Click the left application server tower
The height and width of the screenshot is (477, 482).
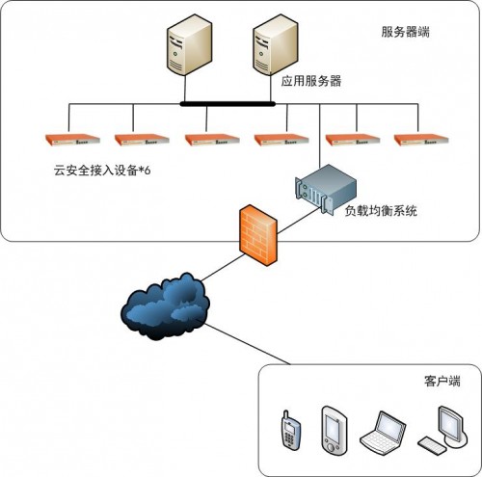click(189, 44)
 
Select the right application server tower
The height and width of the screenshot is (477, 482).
click(276, 44)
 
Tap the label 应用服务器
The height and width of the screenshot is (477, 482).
click(311, 81)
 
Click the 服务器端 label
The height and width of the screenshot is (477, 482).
click(405, 32)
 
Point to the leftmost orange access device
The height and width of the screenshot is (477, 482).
click(72, 140)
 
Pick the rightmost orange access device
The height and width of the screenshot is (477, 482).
click(421, 140)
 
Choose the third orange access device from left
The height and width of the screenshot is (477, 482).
click(212, 140)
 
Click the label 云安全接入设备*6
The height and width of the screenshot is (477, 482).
click(102, 171)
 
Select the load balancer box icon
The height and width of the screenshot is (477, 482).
click(326, 189)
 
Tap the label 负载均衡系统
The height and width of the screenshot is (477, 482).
click(381, 211)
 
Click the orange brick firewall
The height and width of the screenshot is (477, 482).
click(258, 235)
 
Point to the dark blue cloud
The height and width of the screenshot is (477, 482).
click(165, 306)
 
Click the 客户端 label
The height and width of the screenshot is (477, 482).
click(442, 381)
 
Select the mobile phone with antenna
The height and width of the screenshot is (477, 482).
click(291, 430)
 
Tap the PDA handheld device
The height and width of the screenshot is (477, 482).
click(335, 431)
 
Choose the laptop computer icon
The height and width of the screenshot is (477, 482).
click(383, 433)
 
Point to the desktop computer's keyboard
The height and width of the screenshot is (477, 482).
click(433, 445)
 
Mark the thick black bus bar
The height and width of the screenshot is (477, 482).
click(228, 104)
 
